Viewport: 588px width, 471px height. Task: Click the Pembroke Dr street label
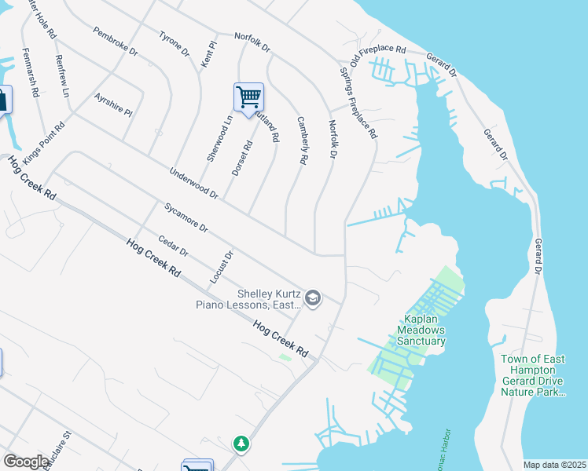coord(115,42)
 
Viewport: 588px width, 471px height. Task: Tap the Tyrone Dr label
coord(175,44)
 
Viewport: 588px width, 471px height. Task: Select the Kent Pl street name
coord(208,53)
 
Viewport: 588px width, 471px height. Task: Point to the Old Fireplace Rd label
coord(377,55)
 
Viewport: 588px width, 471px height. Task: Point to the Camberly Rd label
coord(301,141)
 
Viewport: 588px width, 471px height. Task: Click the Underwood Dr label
coord(193,183)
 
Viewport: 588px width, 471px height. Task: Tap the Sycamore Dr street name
coord(186,219)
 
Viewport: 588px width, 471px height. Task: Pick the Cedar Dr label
coord(173,246)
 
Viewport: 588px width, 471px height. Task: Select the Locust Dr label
coord(222,268)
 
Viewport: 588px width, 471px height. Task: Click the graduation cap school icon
coord(313,298)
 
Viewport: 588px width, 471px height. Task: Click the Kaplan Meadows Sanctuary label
coord(424,330)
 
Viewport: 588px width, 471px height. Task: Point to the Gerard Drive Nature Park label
coord(533,375)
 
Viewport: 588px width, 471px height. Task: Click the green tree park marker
coord(240,444)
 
